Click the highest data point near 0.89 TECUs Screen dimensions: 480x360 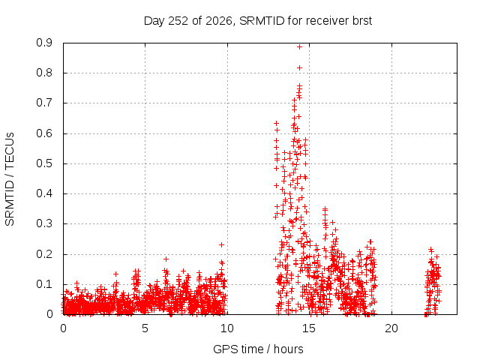tap(299, 46)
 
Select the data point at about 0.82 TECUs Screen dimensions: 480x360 tap(299, 68)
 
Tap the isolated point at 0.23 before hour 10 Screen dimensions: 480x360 tap(221, 245)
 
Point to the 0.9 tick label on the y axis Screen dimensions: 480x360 tap(44, 43)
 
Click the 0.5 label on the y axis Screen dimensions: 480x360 tap(44, 163)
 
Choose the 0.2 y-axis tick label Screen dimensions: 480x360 tap(44, 254)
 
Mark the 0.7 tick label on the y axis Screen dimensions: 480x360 tap(44, 103)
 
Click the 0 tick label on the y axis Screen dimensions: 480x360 tap(49, 314)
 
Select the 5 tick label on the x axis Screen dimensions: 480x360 tap(145, 328)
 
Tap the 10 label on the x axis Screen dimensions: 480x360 tap(226, 328)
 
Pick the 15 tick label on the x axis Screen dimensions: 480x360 tap(309, 328)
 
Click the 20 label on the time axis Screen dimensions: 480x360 tap(391, 328)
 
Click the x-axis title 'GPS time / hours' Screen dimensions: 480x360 tap(258, 349)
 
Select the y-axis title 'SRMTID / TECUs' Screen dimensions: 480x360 tap(10, 179)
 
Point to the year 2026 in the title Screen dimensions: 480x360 tap(218, 21)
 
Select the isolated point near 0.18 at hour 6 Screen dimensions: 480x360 tap(166, 259)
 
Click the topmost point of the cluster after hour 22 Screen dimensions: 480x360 tap(430, 250)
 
